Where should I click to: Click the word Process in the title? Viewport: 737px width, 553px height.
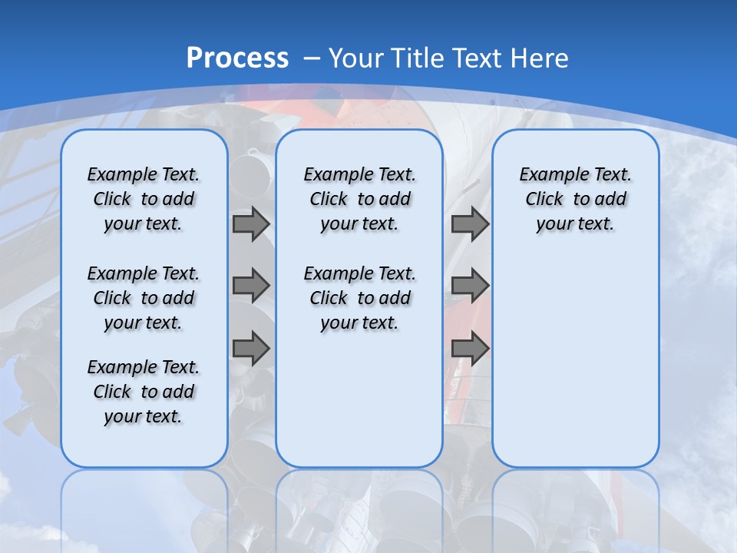(237, 58)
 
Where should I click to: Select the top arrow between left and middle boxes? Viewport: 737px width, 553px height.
(251, 224)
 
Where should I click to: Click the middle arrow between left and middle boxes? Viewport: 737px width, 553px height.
(251, 286)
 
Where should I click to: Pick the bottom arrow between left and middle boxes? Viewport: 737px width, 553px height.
(251, 348)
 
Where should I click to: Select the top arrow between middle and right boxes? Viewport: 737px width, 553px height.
(470, 224)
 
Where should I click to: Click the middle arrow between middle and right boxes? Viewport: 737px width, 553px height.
(470, 286)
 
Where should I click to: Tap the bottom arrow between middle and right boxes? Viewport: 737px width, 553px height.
(470, 348)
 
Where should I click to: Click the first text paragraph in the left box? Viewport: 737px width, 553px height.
(144, 199)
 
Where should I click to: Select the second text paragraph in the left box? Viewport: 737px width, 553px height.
(144, 298)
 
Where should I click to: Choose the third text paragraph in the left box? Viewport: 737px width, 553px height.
(144, 392)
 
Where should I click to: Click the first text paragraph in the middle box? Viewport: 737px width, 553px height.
(359, 199)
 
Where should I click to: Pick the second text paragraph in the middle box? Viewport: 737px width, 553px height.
(359, 298)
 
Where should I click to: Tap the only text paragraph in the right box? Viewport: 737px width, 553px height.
(575, 199)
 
